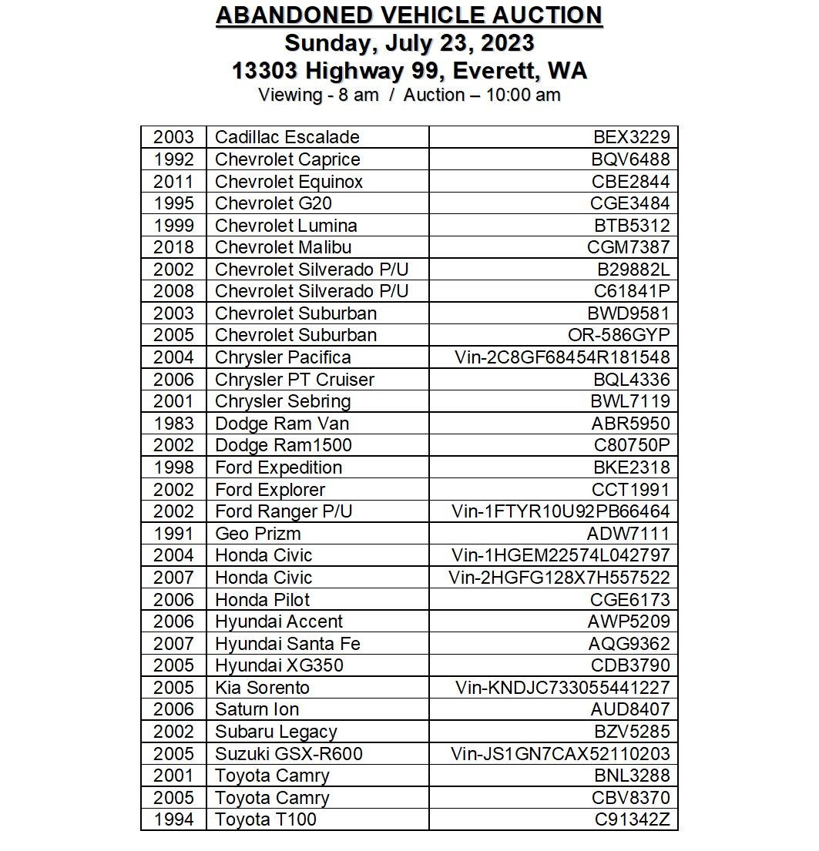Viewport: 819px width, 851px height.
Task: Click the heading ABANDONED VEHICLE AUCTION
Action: click(x=409, y=15)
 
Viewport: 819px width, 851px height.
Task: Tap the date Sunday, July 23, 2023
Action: click(x=409, y=42)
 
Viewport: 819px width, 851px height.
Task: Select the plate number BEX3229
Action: click(x=631, y=137)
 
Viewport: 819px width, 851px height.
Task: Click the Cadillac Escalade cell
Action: click(x=287, y=137)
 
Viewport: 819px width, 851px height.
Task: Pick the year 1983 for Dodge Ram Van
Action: click(x=173, y=424)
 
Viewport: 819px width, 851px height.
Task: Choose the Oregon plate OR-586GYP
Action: click(x=619, y=335)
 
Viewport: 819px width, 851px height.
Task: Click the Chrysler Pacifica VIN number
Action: click(x=562, y=357)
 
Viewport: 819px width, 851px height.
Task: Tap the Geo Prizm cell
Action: click(x=258, y=534)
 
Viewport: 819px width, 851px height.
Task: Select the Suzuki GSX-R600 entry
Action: click(x=289, y=754)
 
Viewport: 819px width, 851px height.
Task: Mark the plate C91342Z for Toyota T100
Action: click(x=632, y=819)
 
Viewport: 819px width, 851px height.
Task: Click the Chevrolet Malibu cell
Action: click(x=284, y=247)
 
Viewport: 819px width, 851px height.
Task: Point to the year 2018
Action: click(x=173, y=247)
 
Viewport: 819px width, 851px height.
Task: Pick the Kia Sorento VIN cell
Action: click(x=562, y=688)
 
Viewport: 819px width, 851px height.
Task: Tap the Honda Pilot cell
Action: click(x=263, y=600)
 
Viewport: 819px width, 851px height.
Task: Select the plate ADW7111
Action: click(x=628, y=534)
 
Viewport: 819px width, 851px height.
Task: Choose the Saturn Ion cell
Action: click(x=257, y=709)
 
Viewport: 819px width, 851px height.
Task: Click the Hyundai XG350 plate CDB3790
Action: click(x=630, y=665)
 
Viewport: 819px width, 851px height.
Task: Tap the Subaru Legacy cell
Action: click(x=276, y=732)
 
